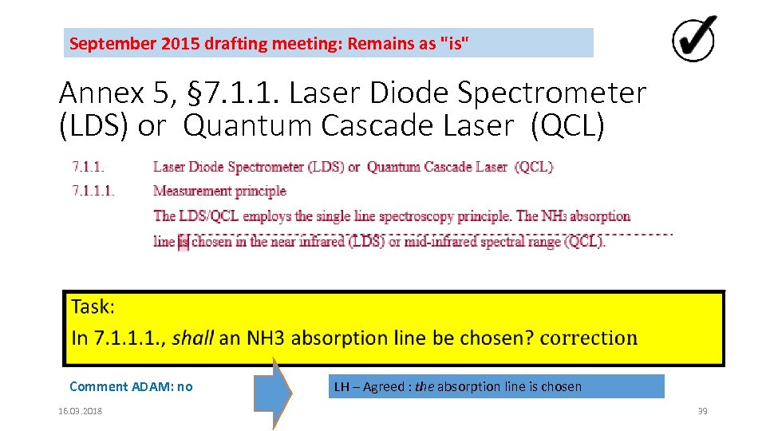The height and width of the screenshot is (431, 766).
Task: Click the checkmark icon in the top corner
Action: click(x=693, y=39)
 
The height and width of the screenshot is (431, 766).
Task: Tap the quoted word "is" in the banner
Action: click(x=451, y=43)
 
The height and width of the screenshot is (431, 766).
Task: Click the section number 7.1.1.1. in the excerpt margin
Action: click(x=93, y=191)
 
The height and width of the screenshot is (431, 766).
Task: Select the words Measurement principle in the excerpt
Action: click(x=219, y=191)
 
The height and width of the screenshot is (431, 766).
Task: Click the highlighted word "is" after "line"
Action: click(x=183, y=242)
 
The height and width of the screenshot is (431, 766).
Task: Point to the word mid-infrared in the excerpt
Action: click(x=440, y=242)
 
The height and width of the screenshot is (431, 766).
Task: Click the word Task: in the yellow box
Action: click(x=93, y=307)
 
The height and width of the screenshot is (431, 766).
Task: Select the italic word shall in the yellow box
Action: click(x=193, y=338)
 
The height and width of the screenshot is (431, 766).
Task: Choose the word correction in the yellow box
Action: click(x=589, y=338)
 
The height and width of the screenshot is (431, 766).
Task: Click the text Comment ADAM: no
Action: click(x=131, y=387)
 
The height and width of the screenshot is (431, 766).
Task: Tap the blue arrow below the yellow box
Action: click(x=278, y=393)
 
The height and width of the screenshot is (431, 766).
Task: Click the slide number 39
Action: click(x=702, y=411)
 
